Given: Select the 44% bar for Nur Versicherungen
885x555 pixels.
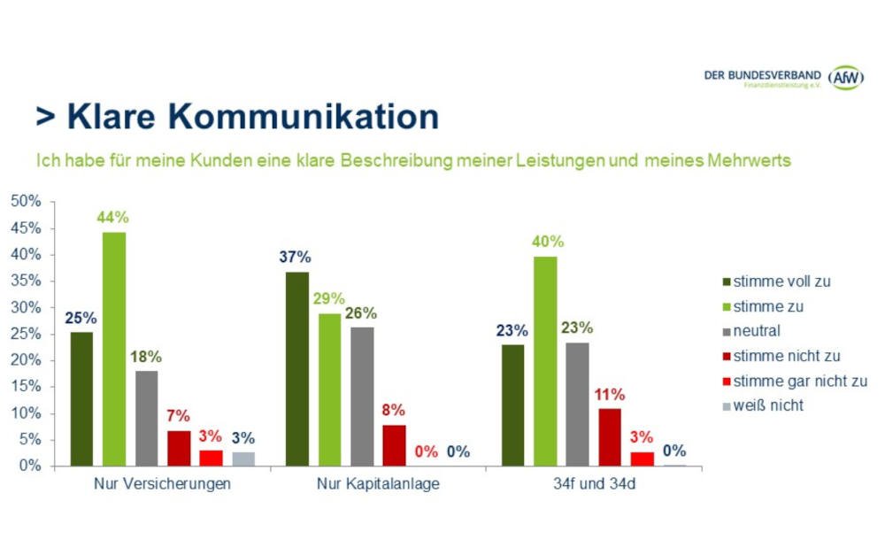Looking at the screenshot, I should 114,348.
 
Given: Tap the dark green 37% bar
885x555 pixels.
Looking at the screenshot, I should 296,368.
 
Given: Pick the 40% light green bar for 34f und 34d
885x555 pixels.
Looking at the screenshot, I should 545,360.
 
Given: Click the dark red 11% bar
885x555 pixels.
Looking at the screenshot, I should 610,436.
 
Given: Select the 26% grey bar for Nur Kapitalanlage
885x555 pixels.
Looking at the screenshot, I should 362,396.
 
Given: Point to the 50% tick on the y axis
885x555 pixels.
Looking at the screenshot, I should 26,202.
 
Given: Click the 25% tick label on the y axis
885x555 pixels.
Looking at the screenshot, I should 26,335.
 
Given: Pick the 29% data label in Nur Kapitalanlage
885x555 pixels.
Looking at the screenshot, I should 329,298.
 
